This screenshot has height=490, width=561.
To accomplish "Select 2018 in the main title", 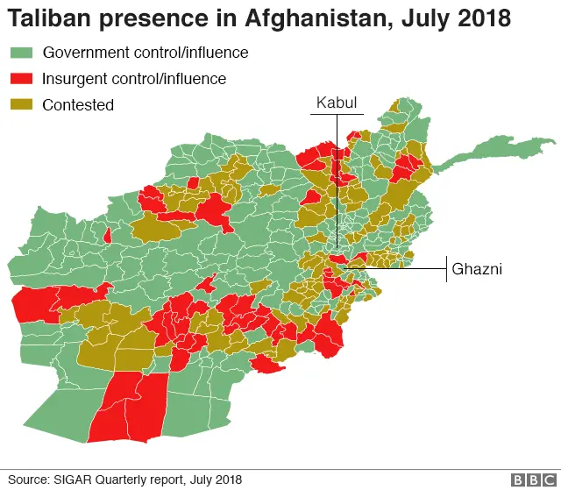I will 484,18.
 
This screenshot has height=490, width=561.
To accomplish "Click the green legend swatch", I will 20,53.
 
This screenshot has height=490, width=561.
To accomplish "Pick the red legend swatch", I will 20,79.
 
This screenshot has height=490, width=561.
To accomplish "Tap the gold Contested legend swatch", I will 20,105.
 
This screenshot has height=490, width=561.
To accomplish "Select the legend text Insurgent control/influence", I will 134,79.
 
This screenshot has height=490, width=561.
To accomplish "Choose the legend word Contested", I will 78,105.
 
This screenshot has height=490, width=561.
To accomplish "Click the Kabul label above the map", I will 337,103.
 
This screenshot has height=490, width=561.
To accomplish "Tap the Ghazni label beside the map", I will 476,270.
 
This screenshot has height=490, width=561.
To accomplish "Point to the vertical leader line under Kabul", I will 337,175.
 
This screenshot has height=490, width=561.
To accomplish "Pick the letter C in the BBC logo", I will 548,479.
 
